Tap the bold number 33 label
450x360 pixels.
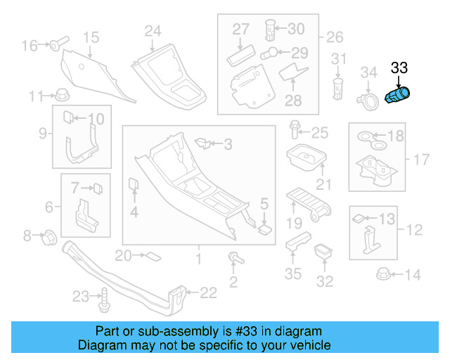399,68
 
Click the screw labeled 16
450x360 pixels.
56,46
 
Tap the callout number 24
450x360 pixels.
153,31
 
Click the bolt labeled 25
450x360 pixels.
295,131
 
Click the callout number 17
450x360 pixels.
420,160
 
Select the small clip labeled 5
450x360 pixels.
264,227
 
